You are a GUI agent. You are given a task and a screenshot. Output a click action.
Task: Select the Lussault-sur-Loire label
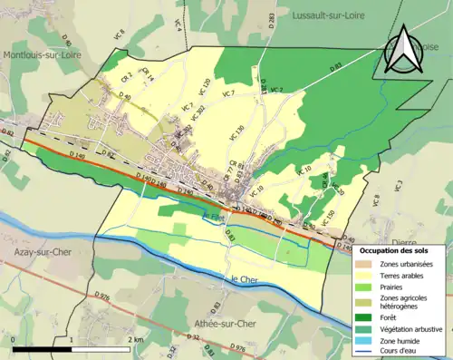coord(331,15)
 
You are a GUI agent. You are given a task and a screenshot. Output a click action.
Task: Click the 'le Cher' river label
coord(246,279)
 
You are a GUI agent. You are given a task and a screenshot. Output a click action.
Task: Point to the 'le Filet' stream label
coord(214,216)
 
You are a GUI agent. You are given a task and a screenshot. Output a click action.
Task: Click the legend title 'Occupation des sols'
coord(399,249)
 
